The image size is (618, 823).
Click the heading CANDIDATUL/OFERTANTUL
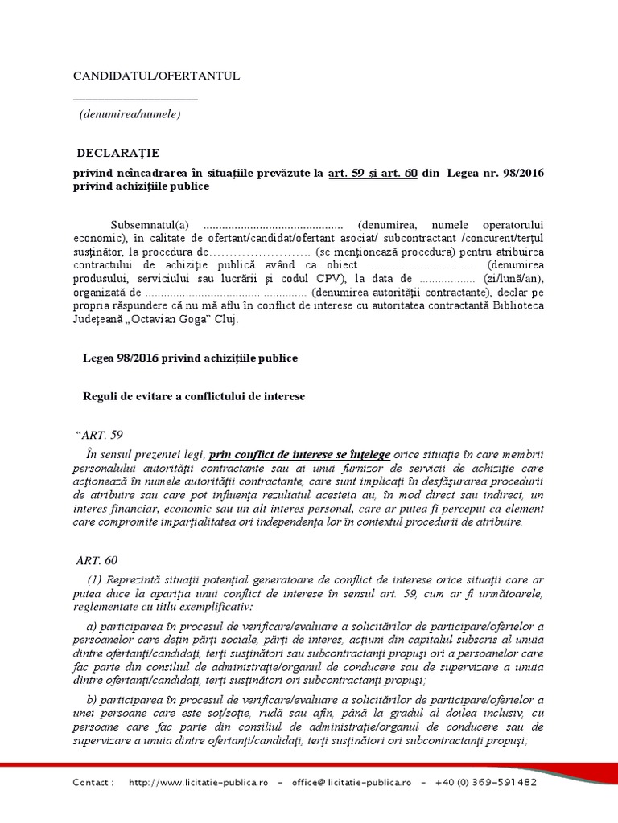[x=156, y=76]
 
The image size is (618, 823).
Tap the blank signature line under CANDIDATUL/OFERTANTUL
[x=135, y=100]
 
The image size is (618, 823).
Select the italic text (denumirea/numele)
[x=130, y=114]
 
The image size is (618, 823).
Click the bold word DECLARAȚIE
[x=118, y=153]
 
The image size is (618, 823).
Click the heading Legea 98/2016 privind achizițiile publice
[x=190, y=358]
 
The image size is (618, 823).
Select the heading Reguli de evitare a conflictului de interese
[x=194, y=396]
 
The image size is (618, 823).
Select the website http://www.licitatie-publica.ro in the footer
[x=198, y=782]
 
